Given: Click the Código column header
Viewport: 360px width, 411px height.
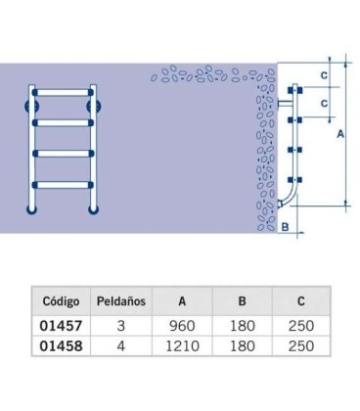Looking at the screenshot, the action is coord(61,301).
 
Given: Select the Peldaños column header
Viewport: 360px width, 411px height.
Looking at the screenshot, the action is coord(121,301).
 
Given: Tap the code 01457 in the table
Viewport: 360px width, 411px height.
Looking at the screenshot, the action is coord(61,326).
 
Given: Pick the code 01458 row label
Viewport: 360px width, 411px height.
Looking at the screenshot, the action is coord(61,345).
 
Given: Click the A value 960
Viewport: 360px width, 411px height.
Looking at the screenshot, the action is coord(182,326).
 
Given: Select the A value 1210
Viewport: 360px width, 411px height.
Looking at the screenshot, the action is coord(182,345).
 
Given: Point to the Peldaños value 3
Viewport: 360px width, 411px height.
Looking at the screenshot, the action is coord(121,326).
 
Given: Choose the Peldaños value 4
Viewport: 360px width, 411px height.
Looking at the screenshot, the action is coord(121,345).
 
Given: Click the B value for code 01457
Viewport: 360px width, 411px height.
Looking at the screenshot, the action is coord(243,326).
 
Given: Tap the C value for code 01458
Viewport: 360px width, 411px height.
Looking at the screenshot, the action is coord(301,345).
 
